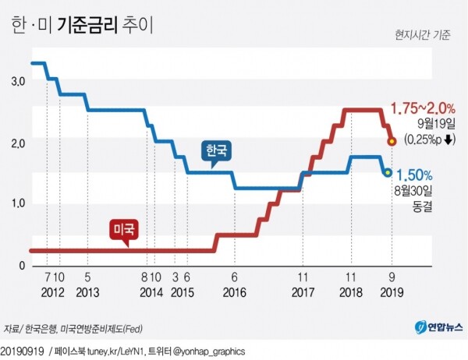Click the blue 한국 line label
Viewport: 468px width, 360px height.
tap(216, 151)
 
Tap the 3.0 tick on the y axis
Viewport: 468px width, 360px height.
tap(18, 82)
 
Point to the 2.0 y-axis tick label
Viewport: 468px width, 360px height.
tap(18, 143)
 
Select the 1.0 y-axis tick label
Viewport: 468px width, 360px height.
tap(18, 204)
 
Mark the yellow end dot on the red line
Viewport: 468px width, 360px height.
tap(392, 141)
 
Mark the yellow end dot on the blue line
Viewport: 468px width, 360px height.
tap(388, 172)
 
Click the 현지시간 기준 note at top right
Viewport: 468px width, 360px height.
tap(422, 35)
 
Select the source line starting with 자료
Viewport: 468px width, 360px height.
tap(78, 328)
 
